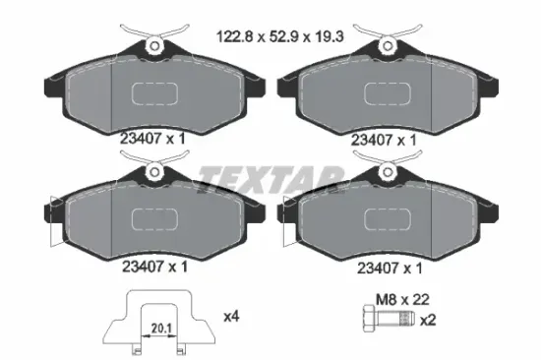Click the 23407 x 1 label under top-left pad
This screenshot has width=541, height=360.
tap(152, 139)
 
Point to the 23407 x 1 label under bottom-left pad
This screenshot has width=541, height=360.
tap(152, 265)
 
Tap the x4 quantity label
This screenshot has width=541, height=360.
tap(232, 316)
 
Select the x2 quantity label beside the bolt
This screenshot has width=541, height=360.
tap(430, 321)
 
